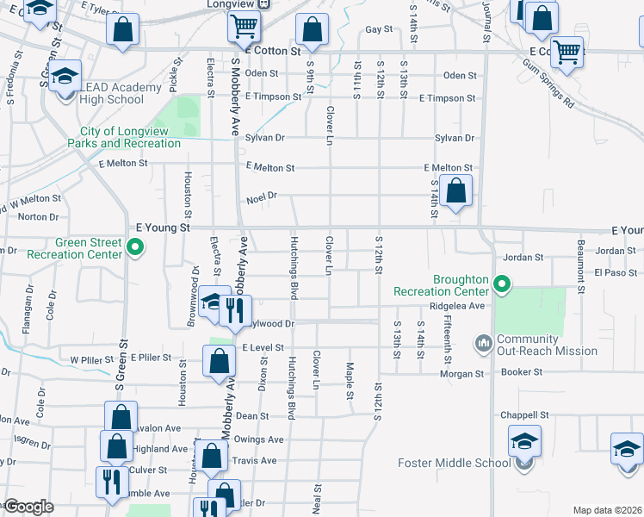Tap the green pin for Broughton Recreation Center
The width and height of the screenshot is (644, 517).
[x=504, y=283]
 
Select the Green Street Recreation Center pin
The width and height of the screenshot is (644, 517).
[x=134, y=249]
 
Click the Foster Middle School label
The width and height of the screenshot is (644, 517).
[x=454, y=463]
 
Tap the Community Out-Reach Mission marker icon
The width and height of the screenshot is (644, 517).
[x=483, y=344]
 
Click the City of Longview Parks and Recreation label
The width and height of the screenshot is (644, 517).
[x=131, y=137]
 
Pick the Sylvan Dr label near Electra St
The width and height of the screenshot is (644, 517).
[x=263, y=138]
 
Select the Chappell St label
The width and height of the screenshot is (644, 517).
[x=528, y=414]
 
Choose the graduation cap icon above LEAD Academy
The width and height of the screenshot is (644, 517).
[x=65, y=76]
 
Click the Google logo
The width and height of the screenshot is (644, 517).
[x=28, y=507]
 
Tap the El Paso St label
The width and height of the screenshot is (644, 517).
[x=615, y=272]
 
